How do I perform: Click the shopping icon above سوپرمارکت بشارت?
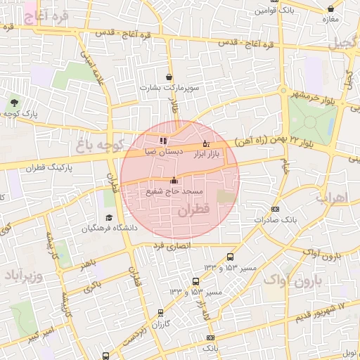coord(169,77)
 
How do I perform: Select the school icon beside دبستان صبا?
coord(163,141)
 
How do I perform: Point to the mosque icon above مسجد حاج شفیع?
coord(174,181)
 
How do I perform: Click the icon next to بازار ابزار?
coord(205,144)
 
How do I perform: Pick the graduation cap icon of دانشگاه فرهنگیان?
coord(109,218)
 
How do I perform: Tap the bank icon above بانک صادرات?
coord(275,209)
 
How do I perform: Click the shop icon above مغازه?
coord(331,8)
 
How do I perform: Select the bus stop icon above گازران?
coord(161,313)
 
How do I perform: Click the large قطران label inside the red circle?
coord(194,210)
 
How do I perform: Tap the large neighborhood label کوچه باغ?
coord(98,146)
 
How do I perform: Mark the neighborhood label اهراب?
coord(332,197)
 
